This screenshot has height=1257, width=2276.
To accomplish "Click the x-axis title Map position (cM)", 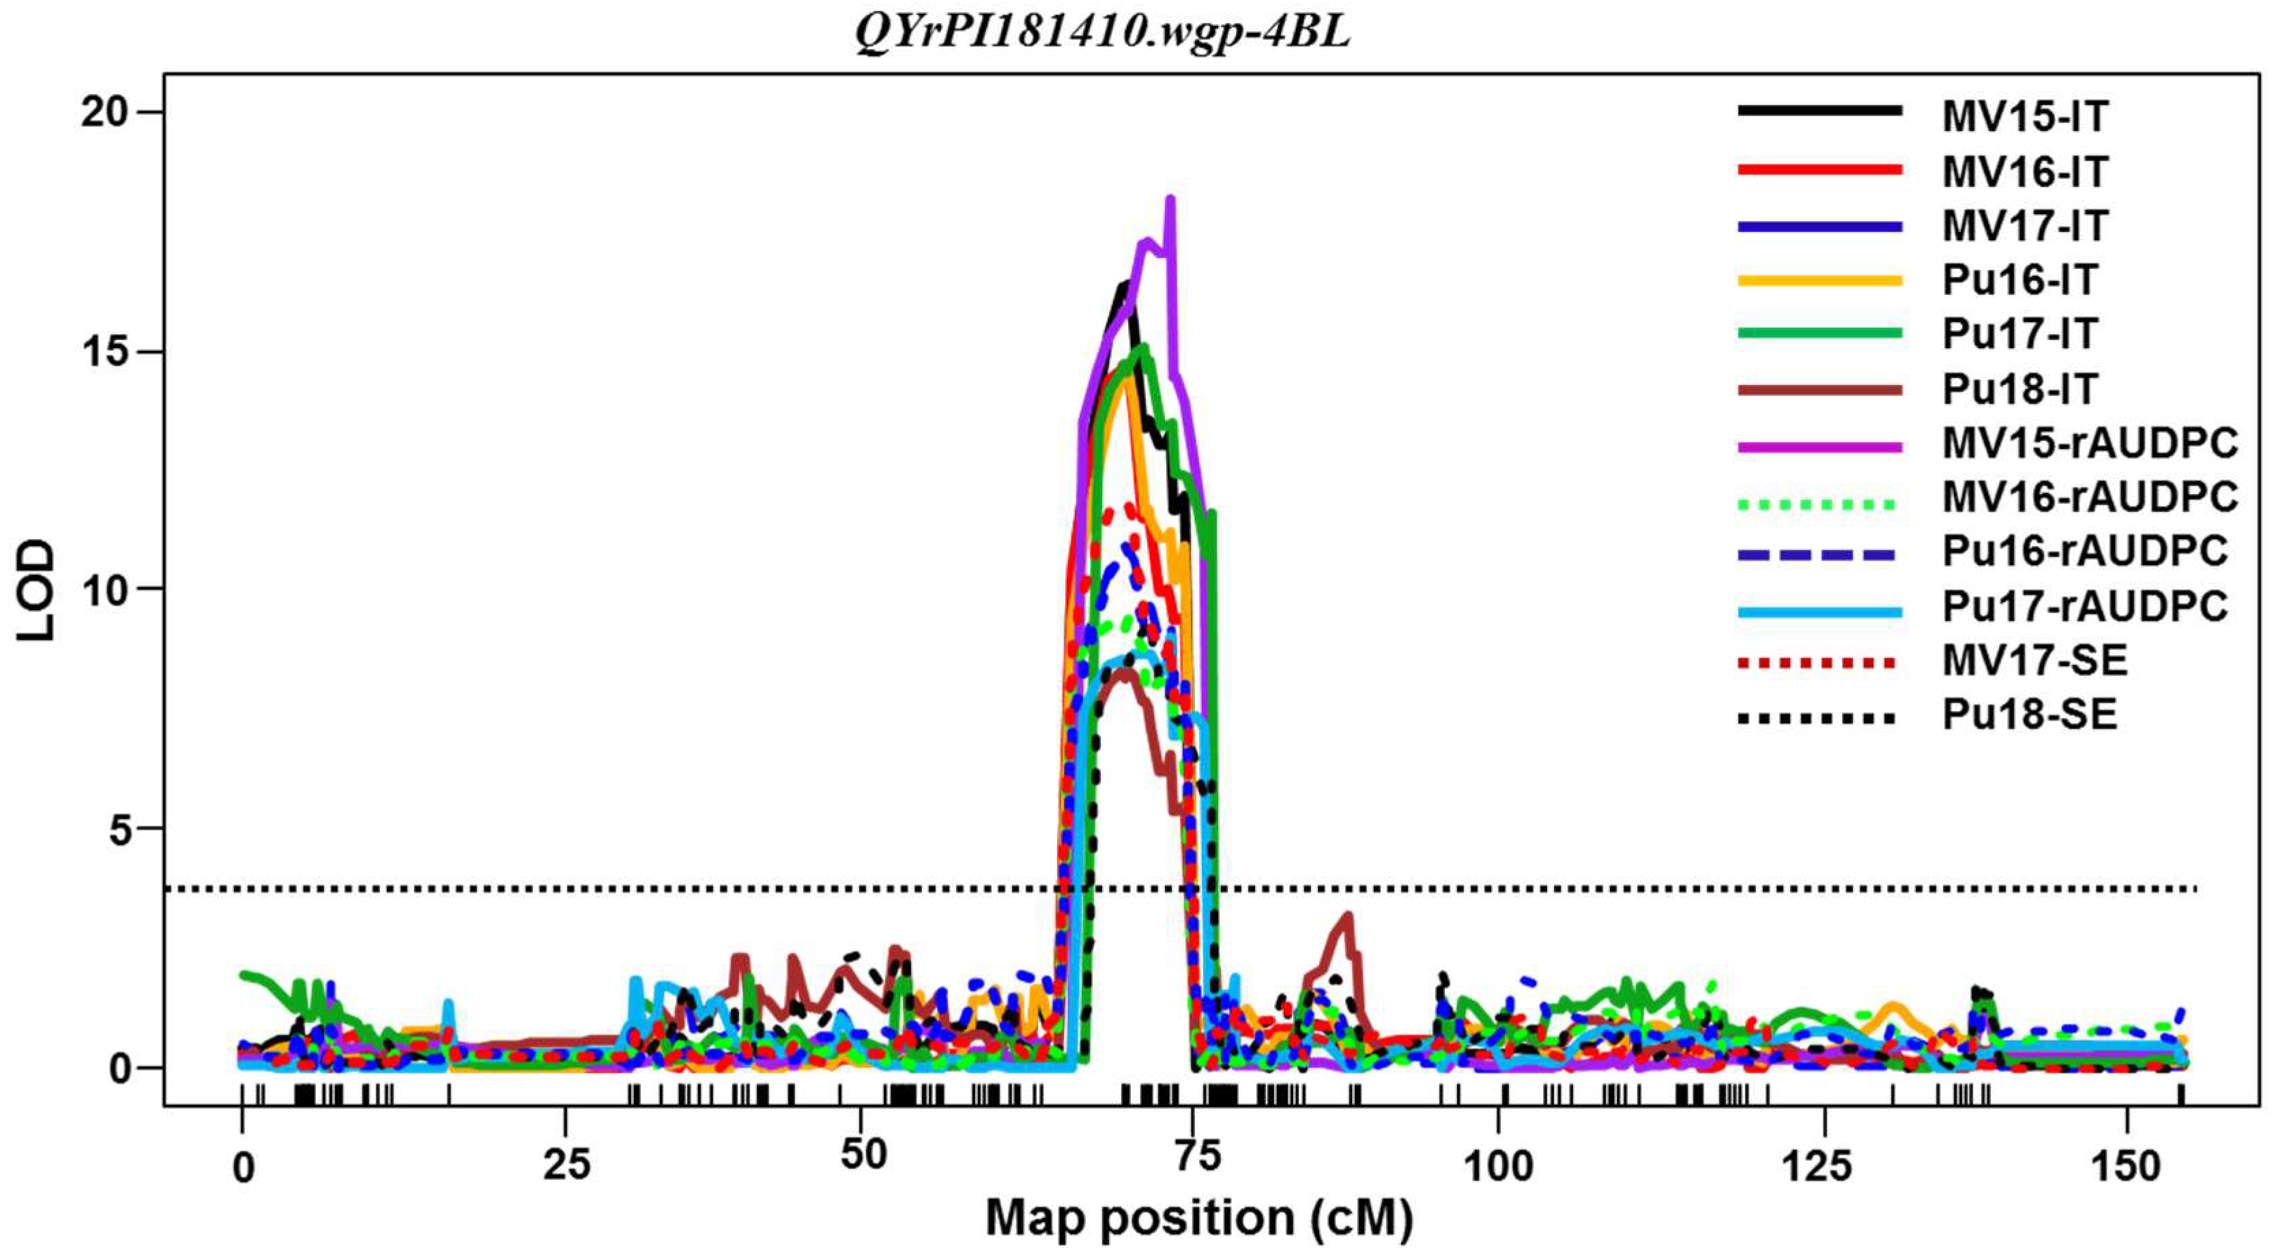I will tap(1199, 1217).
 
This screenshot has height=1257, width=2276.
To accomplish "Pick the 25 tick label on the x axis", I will tap(566, 1166).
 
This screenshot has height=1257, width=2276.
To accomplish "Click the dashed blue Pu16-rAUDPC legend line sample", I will tap(1818, 555).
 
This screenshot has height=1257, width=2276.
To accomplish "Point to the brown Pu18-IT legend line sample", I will tap(1818, 389).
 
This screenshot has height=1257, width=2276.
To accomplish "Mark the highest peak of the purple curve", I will tap(1170, 199).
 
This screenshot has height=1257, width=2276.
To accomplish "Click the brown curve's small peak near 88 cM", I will tap(1347, 915).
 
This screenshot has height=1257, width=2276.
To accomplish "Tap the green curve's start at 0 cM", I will tap(243, 974).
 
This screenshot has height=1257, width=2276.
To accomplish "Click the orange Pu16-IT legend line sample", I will tap(1818, 280).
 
